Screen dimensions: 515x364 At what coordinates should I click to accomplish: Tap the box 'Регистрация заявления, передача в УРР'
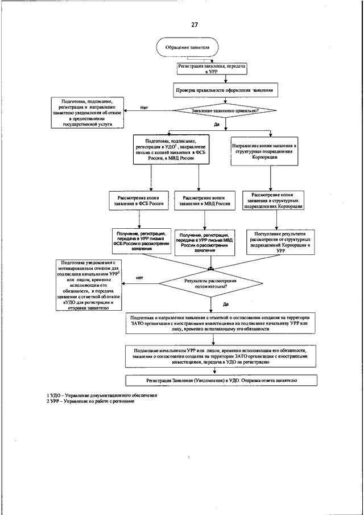212,69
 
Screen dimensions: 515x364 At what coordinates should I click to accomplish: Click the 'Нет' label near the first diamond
144,106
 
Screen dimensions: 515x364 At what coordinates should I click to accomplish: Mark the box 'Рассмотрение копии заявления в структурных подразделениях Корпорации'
272,201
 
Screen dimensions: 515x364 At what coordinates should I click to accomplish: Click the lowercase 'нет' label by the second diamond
139,278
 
